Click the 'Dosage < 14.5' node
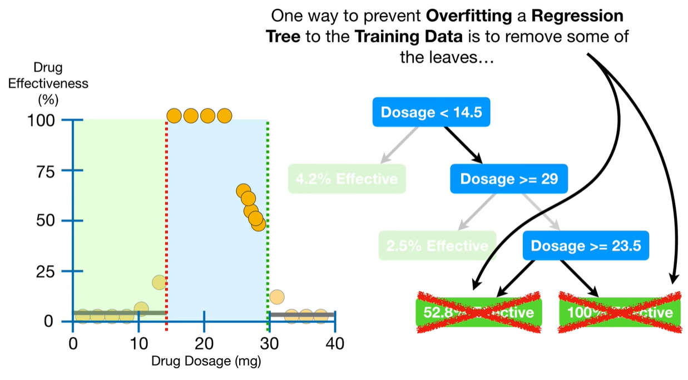tap(431, 112)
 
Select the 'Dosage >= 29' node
tap(509, 179)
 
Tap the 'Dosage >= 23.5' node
tap(586, 245)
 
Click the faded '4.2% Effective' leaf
tap(347, 179)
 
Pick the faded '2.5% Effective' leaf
tap(437, 246)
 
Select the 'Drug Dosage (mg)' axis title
tap(206, 361)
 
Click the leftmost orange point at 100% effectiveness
tap(174, 116)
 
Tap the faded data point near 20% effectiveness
tap(159, 282)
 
